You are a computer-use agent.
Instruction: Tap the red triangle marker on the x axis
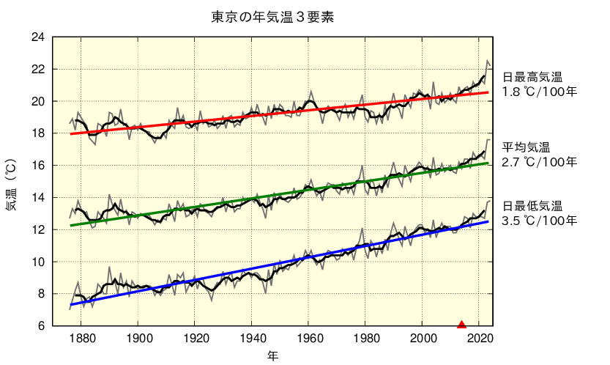pos(461,324)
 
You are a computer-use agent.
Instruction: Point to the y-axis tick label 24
pos(39,37)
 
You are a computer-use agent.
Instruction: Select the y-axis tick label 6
pos(42,326)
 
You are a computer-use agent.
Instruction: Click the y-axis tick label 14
pos(39,198)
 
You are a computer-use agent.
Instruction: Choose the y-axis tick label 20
pos(39,101)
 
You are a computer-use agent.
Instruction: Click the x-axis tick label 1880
pos(81,339)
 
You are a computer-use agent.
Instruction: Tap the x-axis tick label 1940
pos(251,339)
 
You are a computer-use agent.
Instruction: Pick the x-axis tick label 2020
pos(478,339)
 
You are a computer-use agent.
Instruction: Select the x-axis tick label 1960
pos(308,339)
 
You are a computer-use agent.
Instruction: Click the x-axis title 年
pos(272,355)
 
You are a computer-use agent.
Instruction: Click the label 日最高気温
pos(532,77)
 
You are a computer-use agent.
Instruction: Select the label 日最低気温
pos(532,205)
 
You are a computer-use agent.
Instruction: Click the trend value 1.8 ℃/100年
pos(540,92)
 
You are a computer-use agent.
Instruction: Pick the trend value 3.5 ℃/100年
pos(540,220)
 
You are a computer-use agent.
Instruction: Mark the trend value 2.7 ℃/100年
pos(540,162)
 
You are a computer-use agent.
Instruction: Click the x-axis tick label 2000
pos(422,339)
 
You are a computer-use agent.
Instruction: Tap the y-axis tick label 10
pos(39,262)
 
